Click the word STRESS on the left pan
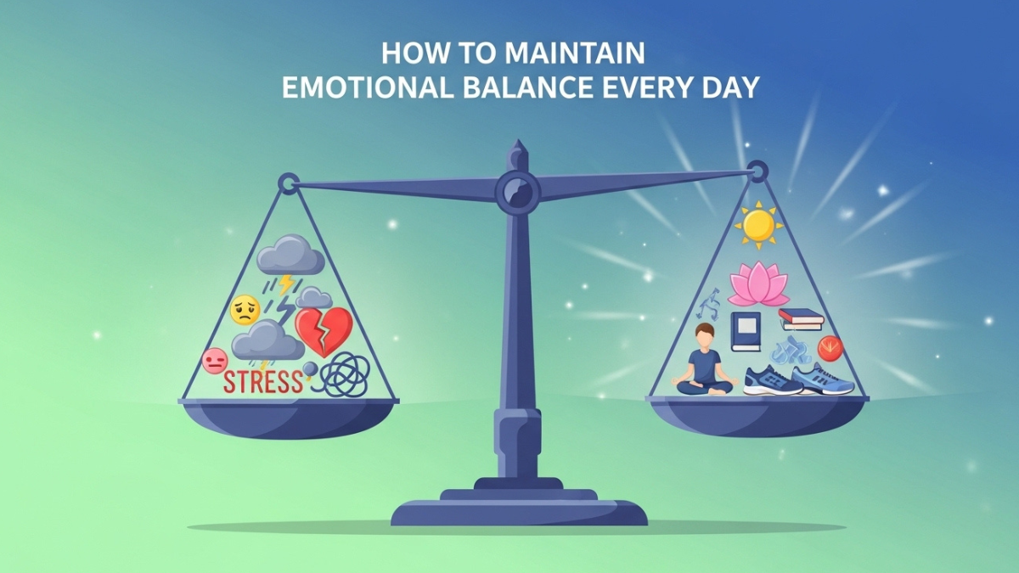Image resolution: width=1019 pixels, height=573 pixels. [262, 382]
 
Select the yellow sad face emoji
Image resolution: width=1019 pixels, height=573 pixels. [245, 310]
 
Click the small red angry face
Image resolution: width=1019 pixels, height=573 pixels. [215, 361]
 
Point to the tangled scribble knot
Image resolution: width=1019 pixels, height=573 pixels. [345, 374]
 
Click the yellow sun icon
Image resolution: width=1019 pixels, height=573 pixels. [757, 226]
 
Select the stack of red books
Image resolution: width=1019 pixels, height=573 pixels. [802, 319]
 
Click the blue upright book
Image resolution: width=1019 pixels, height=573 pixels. [746, 332]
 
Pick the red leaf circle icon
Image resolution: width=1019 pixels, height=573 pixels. [830, 348]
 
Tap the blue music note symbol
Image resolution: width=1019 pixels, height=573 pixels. [709, 304]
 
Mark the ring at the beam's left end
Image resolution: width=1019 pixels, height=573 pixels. [289, 182]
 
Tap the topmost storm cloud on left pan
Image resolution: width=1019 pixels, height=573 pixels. [290, 254]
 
